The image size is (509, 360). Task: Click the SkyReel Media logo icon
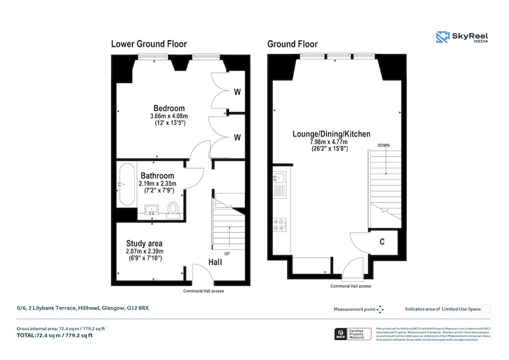pyautogui.click(x=443, y=37)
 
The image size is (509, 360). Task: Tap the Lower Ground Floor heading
pyautogui.click(x=149, y=44)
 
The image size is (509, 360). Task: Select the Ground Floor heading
pyautogui.click(x=292, y=44)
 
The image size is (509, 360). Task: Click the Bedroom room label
pyautogui.click(x=169, y=108)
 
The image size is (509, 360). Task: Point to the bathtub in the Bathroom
pyautogui.click(x=126, y=185)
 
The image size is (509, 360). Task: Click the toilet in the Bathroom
pyautogui.click(x=174, y=209)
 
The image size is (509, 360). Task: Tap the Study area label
pyautogui.click(x=144, y=243)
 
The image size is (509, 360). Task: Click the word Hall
pyautogui.click(x=215, y=262)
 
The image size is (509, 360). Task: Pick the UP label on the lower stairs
pyautogui.click(x=227, y=253)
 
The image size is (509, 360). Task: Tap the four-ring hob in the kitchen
pyautogui.click(x=279, y=225)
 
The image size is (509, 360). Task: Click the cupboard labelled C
pyautogui.click(x=382, y=242)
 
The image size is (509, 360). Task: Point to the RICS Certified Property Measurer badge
pyautogui.click(x=352, y=334)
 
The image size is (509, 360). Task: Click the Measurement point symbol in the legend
pyautogui.click(x=380, y=309)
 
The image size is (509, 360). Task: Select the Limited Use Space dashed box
pyautogui.click(x=487, y=309)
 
